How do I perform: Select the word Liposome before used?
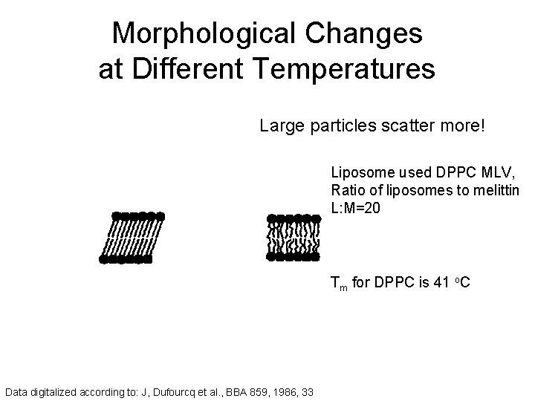[x=360, y=173]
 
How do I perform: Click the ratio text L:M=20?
[x=356, y=209]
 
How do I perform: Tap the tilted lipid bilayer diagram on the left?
[x=132, y=238]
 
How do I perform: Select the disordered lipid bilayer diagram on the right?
[x=293, y=238]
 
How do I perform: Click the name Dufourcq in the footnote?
[x=180, y=390]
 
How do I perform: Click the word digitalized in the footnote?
[x=50, y=390]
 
